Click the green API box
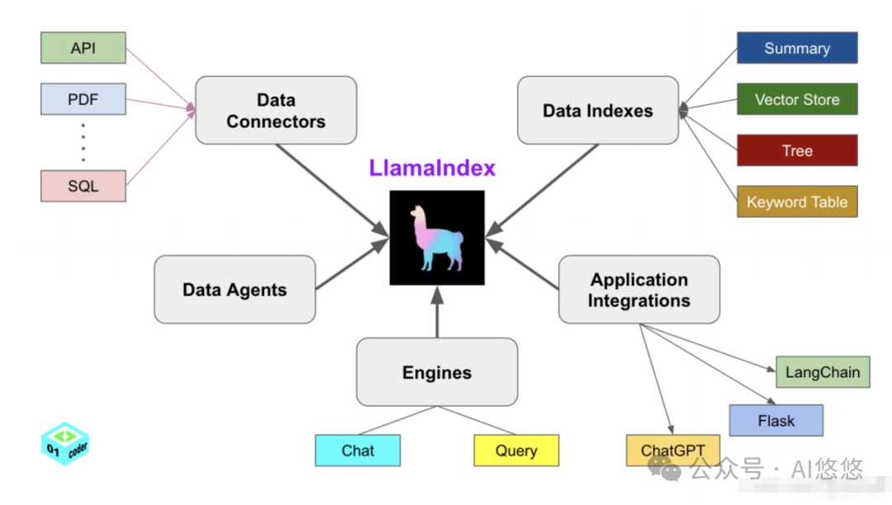click(83, 48)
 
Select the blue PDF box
click(83, 99)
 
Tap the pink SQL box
click(83, 186)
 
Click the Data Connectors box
click(276, 111)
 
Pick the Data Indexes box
click(597, 111)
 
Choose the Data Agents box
click(235, 290)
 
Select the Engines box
click(437, 372)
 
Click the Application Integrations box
click(638, 290)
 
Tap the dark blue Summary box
click(797, 48)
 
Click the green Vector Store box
click(797, 99)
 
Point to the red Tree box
click(797, 151)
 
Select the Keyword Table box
click(797, 201)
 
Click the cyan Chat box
click(358, 451)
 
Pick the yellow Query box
click(516, 451)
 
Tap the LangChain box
click(823, 372)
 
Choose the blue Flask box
click(776, 421)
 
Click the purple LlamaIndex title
click(432, 168)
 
